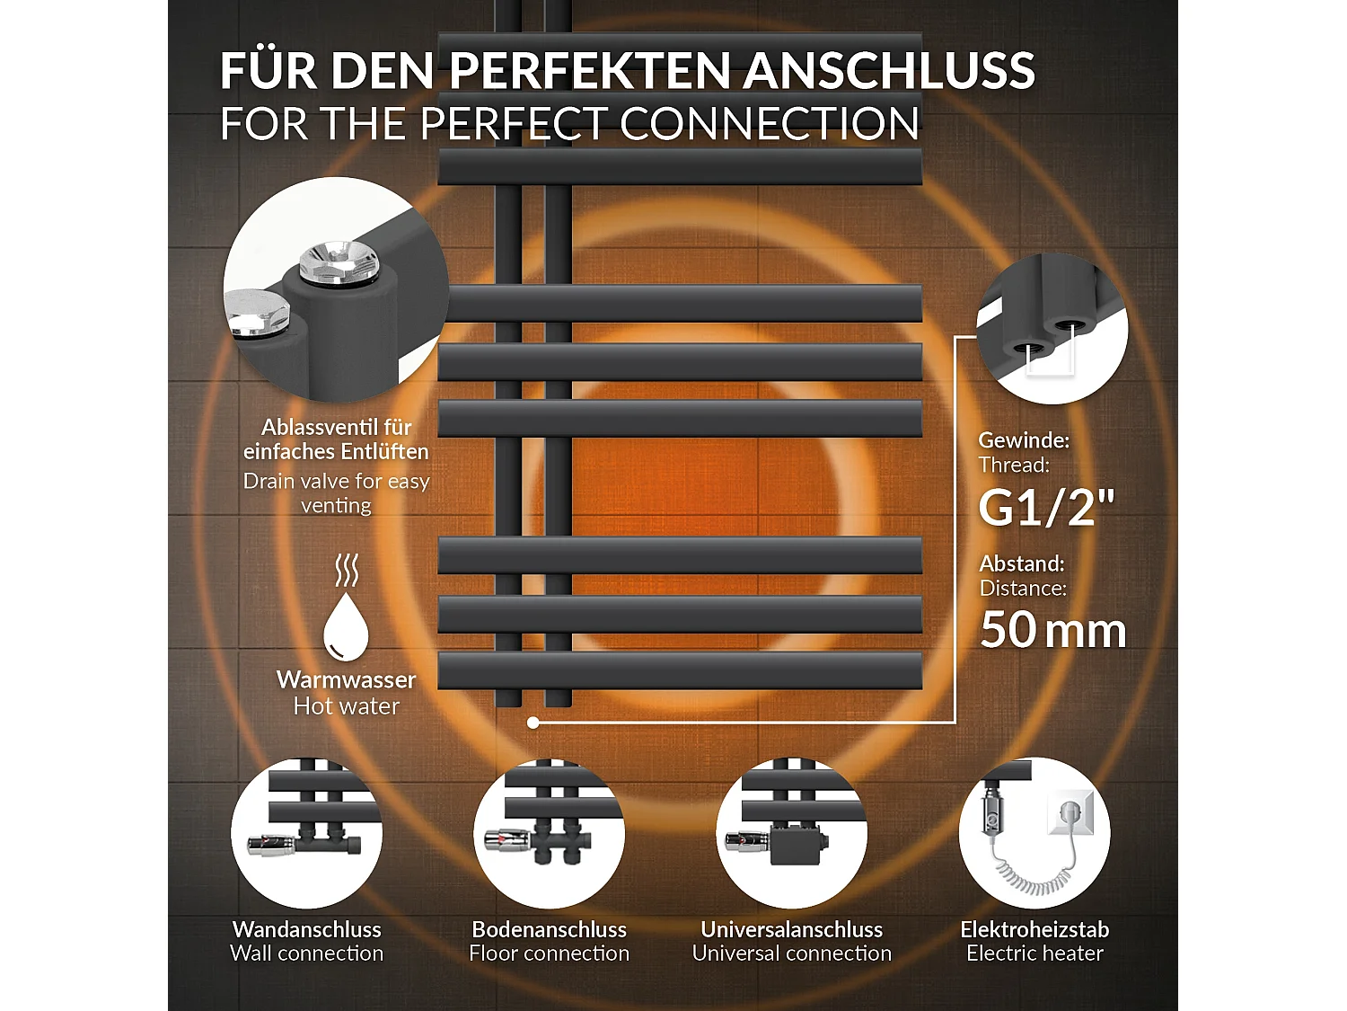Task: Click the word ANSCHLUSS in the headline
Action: click(889, 71)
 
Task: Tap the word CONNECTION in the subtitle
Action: click(770, 124)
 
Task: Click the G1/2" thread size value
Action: click(1046, 508)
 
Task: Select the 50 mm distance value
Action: click(1052, 630)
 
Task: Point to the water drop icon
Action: click(346, 626)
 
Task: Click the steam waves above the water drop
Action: click(346, 571)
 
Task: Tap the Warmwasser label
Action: click(346, 679)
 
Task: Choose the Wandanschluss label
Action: click(307, 929)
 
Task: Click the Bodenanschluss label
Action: click(550, 929)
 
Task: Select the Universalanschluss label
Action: click(792, 929)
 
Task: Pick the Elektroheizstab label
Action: click(1034, 929)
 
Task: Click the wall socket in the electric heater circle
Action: click(1070, 813)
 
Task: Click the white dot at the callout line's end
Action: click(533, 723)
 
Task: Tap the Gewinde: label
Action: click(1024, 440)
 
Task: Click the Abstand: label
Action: click(1022, 563)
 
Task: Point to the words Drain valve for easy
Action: click(337, 482)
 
